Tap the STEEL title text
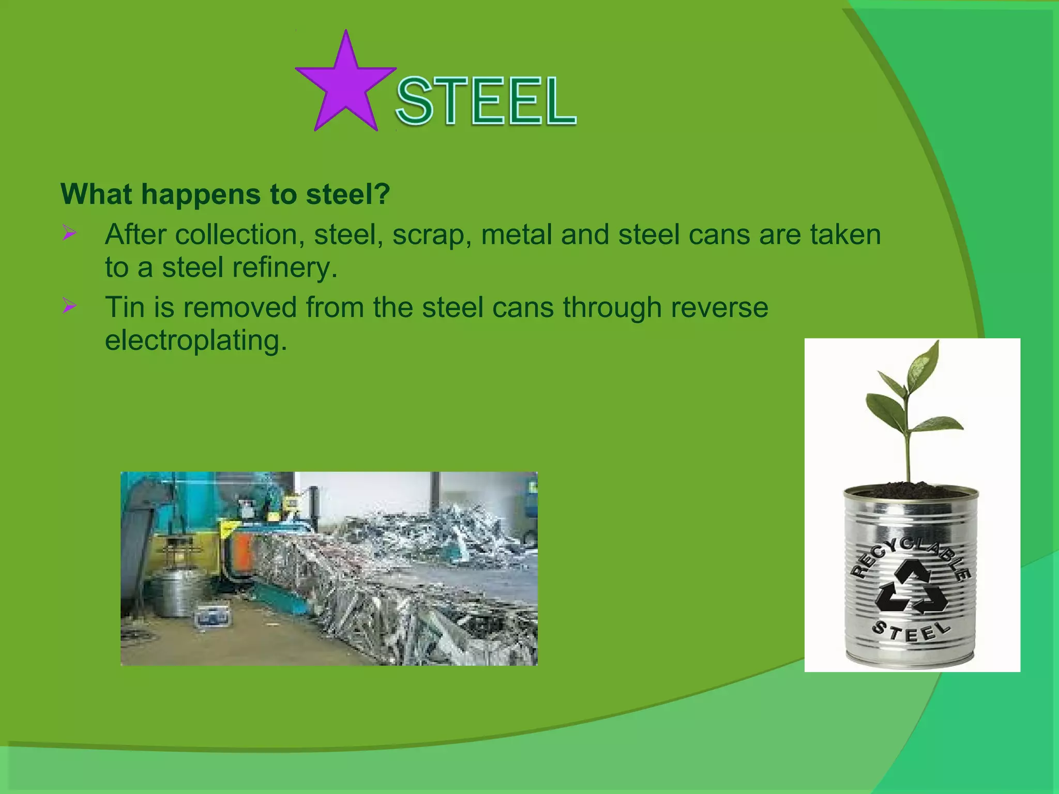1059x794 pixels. pos(486,101)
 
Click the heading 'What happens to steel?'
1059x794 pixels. pos(225,194)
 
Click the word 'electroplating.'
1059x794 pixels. pos(196,340)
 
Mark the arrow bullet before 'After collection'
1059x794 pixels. pos(69,233)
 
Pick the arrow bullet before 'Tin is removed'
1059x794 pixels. pos(69,306)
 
